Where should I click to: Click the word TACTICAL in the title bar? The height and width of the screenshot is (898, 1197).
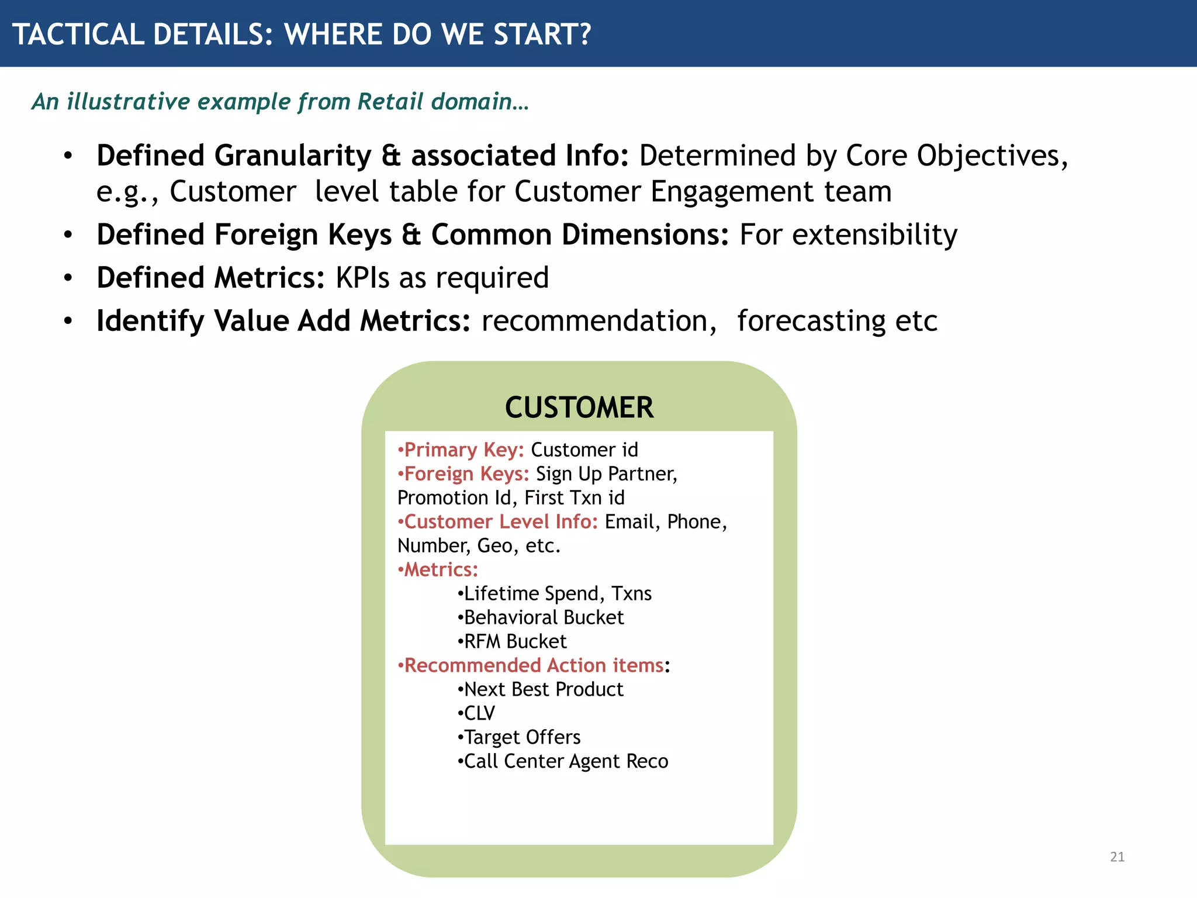click(x=78, y=34)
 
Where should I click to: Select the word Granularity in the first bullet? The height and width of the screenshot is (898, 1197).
click(x=293, y=156)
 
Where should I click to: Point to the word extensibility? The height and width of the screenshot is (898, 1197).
click(x=848, y=235)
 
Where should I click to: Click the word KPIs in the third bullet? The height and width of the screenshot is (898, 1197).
click(x=362, y=278)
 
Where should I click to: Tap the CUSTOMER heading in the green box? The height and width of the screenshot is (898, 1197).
click(x=579, y=407)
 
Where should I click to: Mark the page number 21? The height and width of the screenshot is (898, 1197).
click(x=1117, y=857)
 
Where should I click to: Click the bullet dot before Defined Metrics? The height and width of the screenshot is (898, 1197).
click(x=68, y=278)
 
